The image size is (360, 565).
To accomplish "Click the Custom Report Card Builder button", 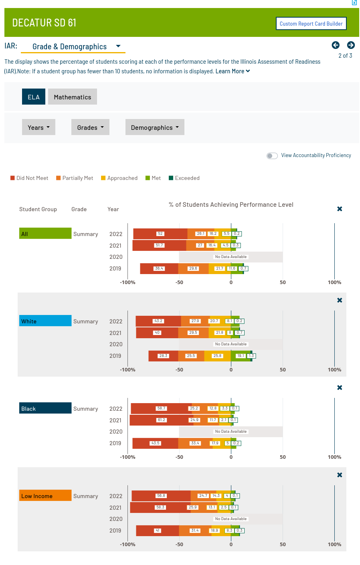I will [x=311, y=24].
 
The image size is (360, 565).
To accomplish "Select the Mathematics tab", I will [x=73, y=97].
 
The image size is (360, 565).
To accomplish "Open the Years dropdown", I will [x=38, y=127].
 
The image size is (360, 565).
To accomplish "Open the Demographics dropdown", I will [x=155, y=127].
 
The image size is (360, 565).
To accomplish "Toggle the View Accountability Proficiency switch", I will [x=272, y=156].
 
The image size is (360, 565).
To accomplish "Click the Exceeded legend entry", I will [x=184, y=178].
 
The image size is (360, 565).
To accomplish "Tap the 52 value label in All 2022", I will [x=160, y=234].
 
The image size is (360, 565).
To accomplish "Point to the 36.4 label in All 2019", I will [x=159, y=268].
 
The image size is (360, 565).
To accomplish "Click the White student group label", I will [x=45, y=321].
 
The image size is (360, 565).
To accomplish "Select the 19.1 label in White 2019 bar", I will [x=241, y=356].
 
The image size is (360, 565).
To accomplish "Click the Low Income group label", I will [x=45, y=496].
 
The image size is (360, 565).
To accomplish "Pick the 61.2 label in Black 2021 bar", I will [x=161, y=420].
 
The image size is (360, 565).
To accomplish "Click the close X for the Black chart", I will [x=340, y=387].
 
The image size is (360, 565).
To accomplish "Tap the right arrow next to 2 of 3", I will [x=351, y=45].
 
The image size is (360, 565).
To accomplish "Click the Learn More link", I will [x=233, y=71].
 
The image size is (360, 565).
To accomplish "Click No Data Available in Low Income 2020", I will [x=231, y=519].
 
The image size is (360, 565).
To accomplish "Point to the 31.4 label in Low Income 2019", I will [x=195, y=531].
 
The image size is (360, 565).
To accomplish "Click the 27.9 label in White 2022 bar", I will [x=195, y=321].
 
